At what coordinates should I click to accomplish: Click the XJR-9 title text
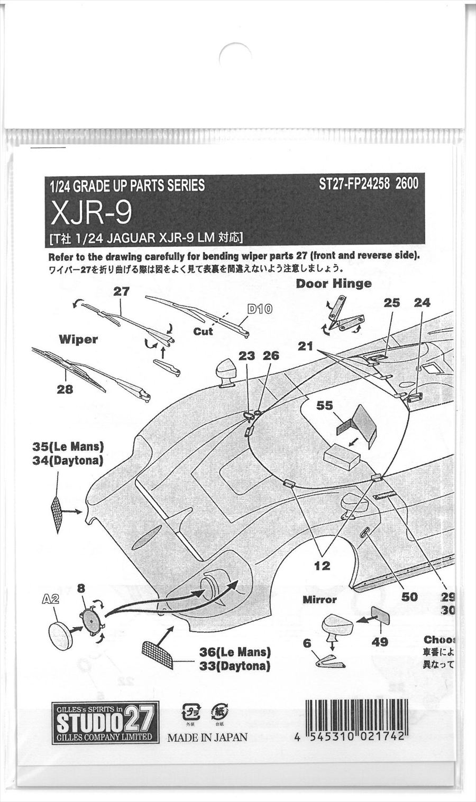[x=91, y=212]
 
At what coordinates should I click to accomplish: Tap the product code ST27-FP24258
[x=354, y=183]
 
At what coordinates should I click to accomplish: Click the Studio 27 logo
[x=105, y=722]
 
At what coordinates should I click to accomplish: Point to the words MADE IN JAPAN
[x=207, y=737]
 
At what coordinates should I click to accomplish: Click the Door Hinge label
[x=333, y=284]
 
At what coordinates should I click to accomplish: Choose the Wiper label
[x=78, y=339]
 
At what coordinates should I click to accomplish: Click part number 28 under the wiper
[x=65, y=389]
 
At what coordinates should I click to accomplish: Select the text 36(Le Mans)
[x=235, y=652]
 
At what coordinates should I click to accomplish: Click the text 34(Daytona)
[x=68, y=461]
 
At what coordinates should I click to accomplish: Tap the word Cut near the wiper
[x=203, y=331]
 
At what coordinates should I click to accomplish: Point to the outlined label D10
[x=260, y=309]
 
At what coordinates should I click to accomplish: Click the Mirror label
[x=319, y=600]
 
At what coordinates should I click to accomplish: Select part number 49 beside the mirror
[x=380, y=641]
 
